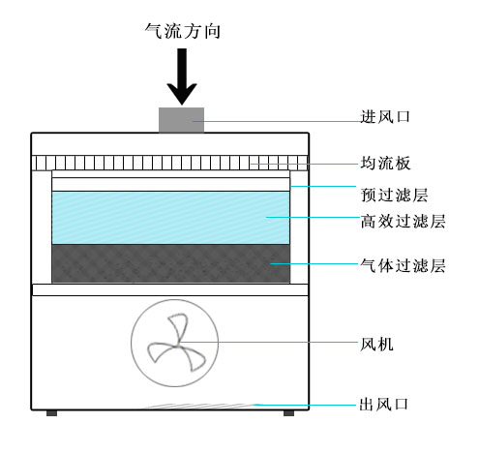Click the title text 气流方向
coord(183,31)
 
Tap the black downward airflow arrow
coord(182,76)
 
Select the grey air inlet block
coord(181,120)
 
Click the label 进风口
coord(385,116)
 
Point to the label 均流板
coord(385,163)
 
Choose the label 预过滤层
coord(394,195)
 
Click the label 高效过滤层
coord(403,222)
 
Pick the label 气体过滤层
coord(403,266)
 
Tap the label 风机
coord(376,344)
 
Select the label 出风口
coord(384,404)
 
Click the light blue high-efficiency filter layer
coord(170,218)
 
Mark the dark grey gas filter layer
coord(170,263)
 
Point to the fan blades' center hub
coord(176,346)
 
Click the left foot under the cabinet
coord(51,413)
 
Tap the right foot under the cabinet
coord(288,413)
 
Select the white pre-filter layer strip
coord(170,184)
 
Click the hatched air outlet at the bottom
coord(201,406)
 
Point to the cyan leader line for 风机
coord(269,342)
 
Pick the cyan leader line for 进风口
coord(277,121)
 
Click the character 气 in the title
coord(153,31)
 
